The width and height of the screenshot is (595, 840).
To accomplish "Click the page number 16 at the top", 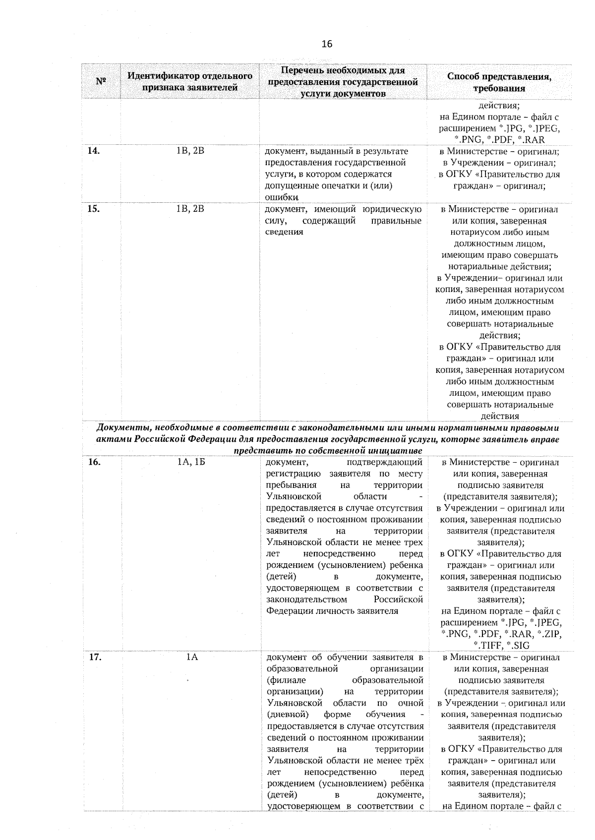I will tap(327, 44).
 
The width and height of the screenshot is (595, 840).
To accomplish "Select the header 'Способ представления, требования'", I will tap(499, 82).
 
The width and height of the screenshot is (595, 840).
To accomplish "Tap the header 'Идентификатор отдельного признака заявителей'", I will tap(190, 82).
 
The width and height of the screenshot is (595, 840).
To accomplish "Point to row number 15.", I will tap(94, 209).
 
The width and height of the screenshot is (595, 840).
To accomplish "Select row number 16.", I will tap(94, 462).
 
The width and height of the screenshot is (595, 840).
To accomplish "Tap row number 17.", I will tap(94, 658).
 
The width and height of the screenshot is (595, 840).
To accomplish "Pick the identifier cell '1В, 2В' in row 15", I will tap(190, 209).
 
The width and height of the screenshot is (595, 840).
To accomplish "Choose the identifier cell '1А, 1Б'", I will tap(190, 462).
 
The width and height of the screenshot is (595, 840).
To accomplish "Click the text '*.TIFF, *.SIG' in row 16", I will tap(501, 645).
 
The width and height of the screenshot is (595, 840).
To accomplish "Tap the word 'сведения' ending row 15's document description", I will tap(284, 232).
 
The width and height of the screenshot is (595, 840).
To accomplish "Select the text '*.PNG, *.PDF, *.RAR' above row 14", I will tap(500, 140).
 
